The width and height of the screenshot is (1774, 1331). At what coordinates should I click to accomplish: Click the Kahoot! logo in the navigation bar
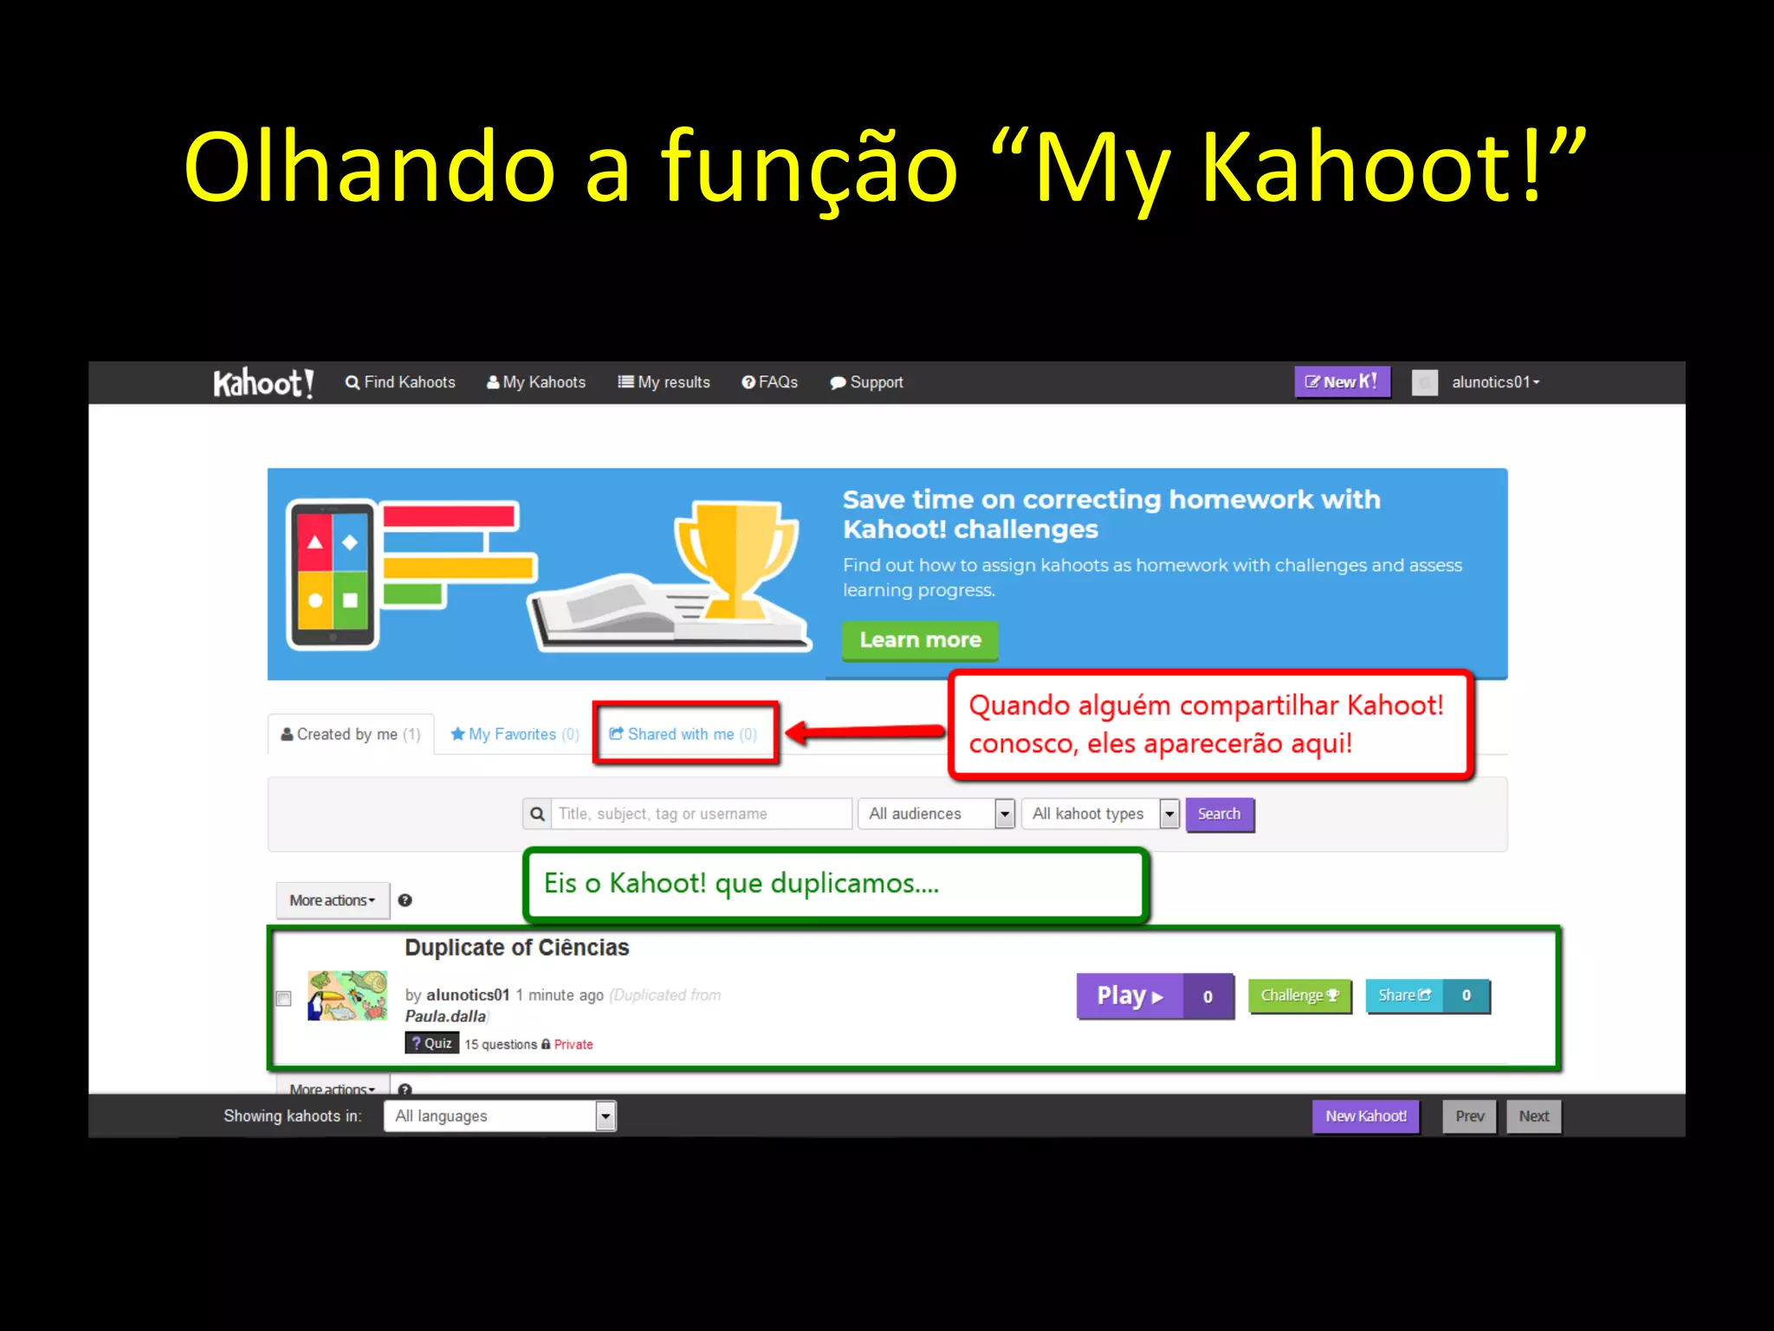click(x=262, y=382)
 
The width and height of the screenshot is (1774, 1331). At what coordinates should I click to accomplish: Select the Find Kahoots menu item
click(x=400, y=382)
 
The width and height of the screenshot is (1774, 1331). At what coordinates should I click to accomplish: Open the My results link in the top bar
click(x=664, y=382)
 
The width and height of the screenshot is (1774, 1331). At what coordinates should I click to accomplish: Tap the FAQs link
click(x=770, y=382)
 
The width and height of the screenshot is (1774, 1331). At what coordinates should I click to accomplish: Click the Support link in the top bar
click(x=866, y=382)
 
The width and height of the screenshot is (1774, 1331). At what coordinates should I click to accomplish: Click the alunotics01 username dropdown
click(x=1495, y=382)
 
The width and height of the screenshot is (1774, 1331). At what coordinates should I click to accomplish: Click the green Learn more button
click(x=920, y=640)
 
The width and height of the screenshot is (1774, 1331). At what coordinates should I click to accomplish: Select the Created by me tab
click(x=351, y=734)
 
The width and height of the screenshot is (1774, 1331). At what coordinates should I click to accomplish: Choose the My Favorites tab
click(x=515, y=734)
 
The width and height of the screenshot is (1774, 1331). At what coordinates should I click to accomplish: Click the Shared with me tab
click(x=683, y=734)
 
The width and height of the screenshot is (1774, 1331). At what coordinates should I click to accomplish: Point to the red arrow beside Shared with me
click(x=866, y=733)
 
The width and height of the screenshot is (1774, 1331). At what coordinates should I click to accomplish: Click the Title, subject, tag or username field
click(x=700, y=814)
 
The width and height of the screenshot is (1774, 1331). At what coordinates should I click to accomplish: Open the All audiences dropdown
click(x=936, y=814)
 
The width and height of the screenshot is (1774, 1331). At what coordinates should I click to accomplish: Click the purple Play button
click(x=1130, y=996)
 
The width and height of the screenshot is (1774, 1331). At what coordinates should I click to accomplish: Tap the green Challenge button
click(x=1299, y=996)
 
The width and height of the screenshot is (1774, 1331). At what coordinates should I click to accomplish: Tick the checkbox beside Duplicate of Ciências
click(x=283, y=998)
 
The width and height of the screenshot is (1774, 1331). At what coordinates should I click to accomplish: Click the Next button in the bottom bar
click(x=1533, y=1116)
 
